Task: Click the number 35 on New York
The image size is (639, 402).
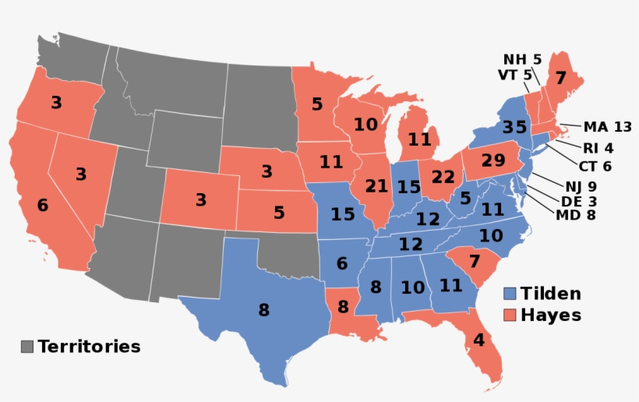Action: click(515, 127)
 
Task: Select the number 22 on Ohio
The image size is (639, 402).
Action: click(441, 176)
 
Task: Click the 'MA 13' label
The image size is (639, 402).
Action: click(606, 127)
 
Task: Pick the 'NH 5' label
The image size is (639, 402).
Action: click(522, 59)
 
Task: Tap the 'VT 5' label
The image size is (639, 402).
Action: click(515, 75)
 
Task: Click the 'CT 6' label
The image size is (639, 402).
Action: click(595, 165)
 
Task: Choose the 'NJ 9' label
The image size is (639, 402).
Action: click(581, 186)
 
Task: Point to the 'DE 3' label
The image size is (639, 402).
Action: click(577, 201)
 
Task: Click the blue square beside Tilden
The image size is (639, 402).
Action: click(510, 294)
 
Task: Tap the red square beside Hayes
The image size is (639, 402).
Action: click(510, 315)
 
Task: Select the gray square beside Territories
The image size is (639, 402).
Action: click(27, 347)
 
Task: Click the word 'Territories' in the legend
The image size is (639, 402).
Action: click(89, 347)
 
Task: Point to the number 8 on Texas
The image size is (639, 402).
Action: click(263, 310)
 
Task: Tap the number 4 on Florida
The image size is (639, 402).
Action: click(478, 340)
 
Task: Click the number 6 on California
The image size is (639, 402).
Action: click(42, 206)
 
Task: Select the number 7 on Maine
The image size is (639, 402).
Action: click(560, 79)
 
